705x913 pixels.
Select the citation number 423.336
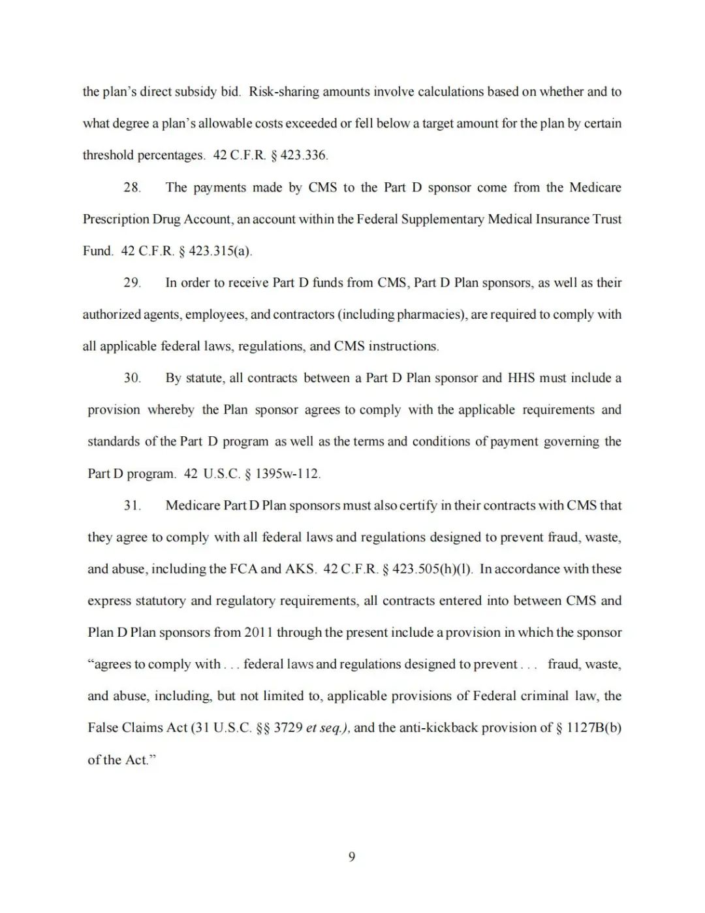pyautogui.click(x=304, y=155)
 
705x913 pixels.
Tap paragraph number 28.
pyautogui.click(x=132, y=187)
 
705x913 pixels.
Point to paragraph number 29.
pyautogui.click(x=132, y=283)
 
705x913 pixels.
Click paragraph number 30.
pyautogui.click(x=132, y=378)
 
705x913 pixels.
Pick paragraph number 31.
pyautogui.click(x=132, y=505)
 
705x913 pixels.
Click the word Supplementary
pyautogui.click(x=443, y=219)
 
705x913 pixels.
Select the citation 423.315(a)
pyautogui.click(x=220, y=251)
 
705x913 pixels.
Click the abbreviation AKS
pyautogui.click(x=300, y=569)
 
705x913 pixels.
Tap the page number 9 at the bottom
pyautogui.click(x=352, y=857)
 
